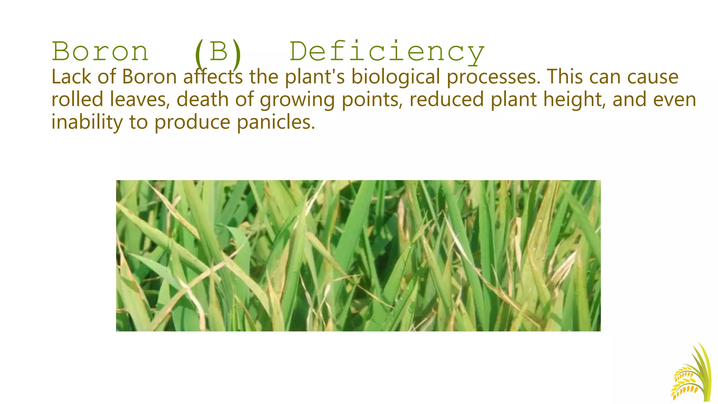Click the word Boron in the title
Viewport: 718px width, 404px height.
pyautogui.click(x=100, y=52)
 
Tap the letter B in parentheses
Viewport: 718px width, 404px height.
pyautogui.click(x=218, y=52)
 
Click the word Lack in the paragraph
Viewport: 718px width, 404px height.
pyautogui.click(x=71, y=77)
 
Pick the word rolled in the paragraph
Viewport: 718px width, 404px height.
pyautogui.click(x=77, y=99)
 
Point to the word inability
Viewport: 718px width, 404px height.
pyautogui.click(x=87, y=122)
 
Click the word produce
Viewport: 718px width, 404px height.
pyautogui.click(x=192, y=123)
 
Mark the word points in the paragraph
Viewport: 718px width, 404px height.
pyautogui.click(x=372, y=100)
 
